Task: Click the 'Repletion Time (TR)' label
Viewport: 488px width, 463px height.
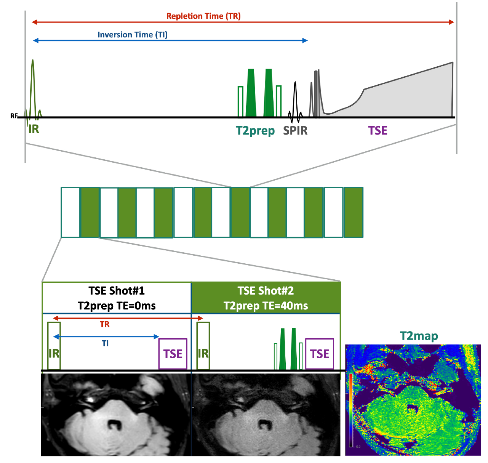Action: click(x=203, y=16)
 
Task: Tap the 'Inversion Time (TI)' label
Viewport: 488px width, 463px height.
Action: click(x=133, y=35)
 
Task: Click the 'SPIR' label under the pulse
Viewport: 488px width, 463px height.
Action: click(x=295, y=131)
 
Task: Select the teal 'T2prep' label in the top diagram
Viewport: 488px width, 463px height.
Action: click(x=255, y=131)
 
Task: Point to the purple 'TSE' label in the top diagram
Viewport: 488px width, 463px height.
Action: click(x=378, y=131)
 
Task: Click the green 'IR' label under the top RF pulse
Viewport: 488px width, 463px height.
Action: click(x=34, y=129)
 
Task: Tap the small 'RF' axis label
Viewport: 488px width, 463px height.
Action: click(x=14, y=116)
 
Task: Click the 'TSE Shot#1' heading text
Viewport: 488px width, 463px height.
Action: click(x=117, y=291)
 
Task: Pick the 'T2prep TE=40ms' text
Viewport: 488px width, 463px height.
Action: click(x=266, y=306)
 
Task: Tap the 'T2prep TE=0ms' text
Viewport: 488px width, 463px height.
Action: click(x=117, y=306)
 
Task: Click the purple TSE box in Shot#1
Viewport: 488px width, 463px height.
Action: click(x=173, y=354)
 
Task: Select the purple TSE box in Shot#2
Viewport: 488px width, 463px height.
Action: click(x=320, y=354)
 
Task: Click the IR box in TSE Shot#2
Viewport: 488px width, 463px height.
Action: click(x=203, y=346)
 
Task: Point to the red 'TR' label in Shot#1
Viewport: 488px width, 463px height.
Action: click(x=105, y=324)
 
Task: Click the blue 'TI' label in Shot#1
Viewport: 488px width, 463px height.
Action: click(x=105, y=343)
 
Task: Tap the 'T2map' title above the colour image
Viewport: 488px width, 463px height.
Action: click(x=419, y=336)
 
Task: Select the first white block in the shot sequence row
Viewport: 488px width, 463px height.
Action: click(x=71, y=212)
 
